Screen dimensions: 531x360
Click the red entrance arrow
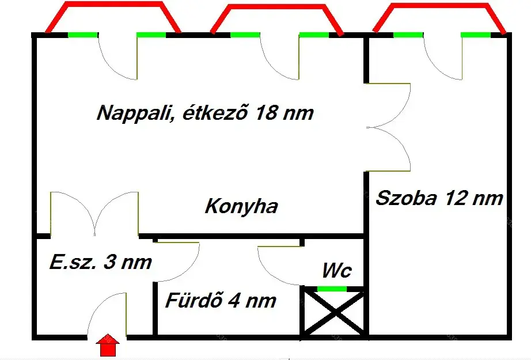108,345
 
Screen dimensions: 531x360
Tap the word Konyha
241,206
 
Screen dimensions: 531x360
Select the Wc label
336,270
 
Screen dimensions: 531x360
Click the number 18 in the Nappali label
266,112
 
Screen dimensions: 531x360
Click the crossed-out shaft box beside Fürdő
334,312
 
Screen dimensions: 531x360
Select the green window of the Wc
332,289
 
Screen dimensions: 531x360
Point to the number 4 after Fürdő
234,301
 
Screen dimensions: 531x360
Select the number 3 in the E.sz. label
109,262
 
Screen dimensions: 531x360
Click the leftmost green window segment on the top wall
83,35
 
